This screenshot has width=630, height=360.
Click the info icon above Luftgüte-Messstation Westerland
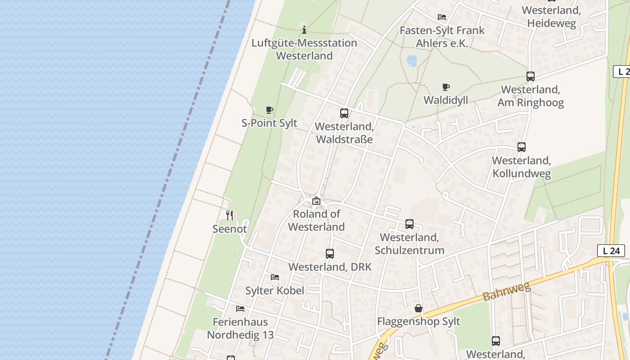click(x=304, y=30)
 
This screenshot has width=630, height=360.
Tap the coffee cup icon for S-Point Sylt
click(x=269, y=110)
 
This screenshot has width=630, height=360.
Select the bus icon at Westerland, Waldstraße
click(x=344, y=113)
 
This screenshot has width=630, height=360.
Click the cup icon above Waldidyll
click(x=445, y=87)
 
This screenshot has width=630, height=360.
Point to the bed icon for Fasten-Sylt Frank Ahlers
click(x=442, y=17)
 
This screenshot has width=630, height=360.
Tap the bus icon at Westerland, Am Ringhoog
click(x=531, y=76)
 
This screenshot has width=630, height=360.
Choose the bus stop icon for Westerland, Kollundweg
click(x=522, y=147)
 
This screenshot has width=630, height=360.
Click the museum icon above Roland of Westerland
click(x=316, y=201)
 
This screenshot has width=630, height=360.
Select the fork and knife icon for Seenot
click(x=229, y=216)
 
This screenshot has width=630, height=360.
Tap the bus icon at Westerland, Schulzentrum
click(x=409, y=224)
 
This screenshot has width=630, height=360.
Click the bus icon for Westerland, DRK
click(x=330, y=254)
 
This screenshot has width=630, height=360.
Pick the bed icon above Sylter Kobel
click(x=274, y=277)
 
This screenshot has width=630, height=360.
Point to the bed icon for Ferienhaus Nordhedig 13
click(x=240, y=309)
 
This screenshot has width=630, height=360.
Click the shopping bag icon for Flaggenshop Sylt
click(x=418, y=308)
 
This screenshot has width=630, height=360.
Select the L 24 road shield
click(x=611, y=251)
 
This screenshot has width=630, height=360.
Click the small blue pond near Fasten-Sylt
click(x=411, y=60)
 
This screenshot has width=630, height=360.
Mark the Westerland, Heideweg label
click(x=551, y=17)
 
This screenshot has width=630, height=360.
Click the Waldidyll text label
click(x=445, y=100)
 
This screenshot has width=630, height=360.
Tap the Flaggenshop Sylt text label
click(x=418, y=321)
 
